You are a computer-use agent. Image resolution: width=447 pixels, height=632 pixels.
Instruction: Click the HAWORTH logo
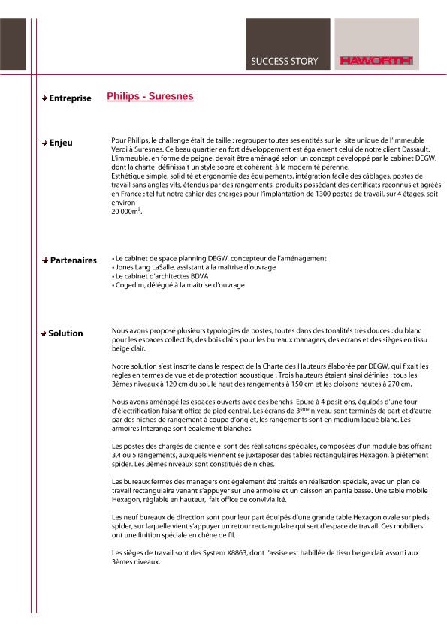[x=376, y=61]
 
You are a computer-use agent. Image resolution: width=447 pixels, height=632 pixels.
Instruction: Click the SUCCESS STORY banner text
[x=284, y=61]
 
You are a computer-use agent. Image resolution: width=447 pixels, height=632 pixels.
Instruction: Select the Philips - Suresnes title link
[x=150, y=97]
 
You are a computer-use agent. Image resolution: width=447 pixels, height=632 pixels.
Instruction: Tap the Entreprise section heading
[x=70, y=98]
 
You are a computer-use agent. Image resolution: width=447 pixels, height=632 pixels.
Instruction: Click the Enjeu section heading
[x=61, y=143]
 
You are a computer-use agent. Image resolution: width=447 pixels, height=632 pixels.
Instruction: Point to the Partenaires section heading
[x=73, y=260]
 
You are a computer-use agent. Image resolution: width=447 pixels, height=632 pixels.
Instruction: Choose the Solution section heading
[x=66, y=333]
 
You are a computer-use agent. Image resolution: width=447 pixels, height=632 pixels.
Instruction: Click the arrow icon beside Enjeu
[x=45, y=143]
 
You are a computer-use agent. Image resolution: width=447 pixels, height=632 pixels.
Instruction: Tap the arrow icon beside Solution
[x=45, y=333]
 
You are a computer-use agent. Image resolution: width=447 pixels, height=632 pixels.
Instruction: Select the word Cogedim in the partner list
[x=128, y=285]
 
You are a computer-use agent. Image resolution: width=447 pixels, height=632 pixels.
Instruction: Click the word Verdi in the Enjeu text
[x=120, y=149]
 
